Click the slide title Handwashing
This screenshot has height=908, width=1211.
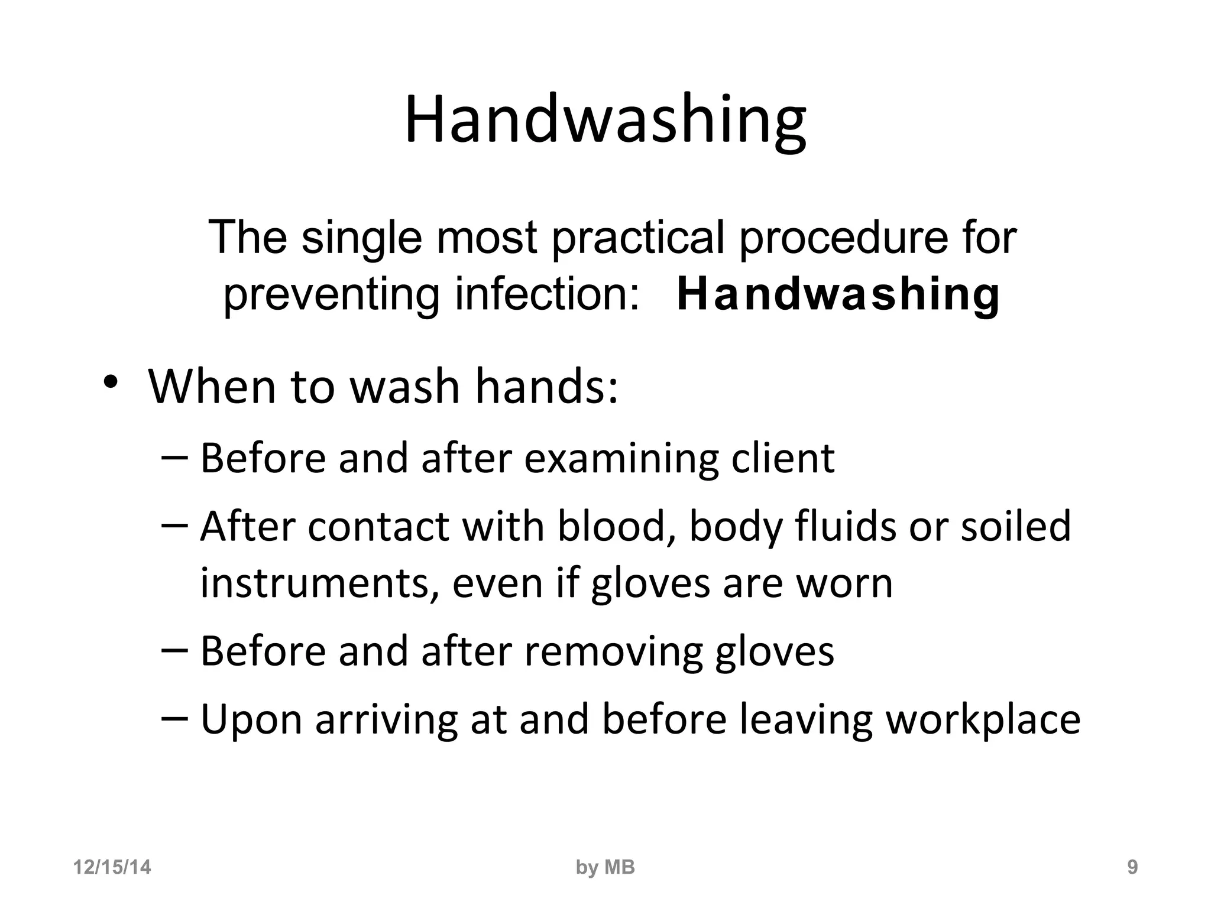(605, 122)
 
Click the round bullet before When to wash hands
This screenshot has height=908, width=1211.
(110, 382)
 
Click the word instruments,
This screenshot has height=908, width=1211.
(320, 583)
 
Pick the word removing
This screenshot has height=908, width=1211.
(613, 651)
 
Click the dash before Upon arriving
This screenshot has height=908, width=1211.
(174, 717)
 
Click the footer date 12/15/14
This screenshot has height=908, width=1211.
(112, 867)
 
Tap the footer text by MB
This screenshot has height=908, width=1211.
(605, 867)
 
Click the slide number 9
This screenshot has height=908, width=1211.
(1132, 867)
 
